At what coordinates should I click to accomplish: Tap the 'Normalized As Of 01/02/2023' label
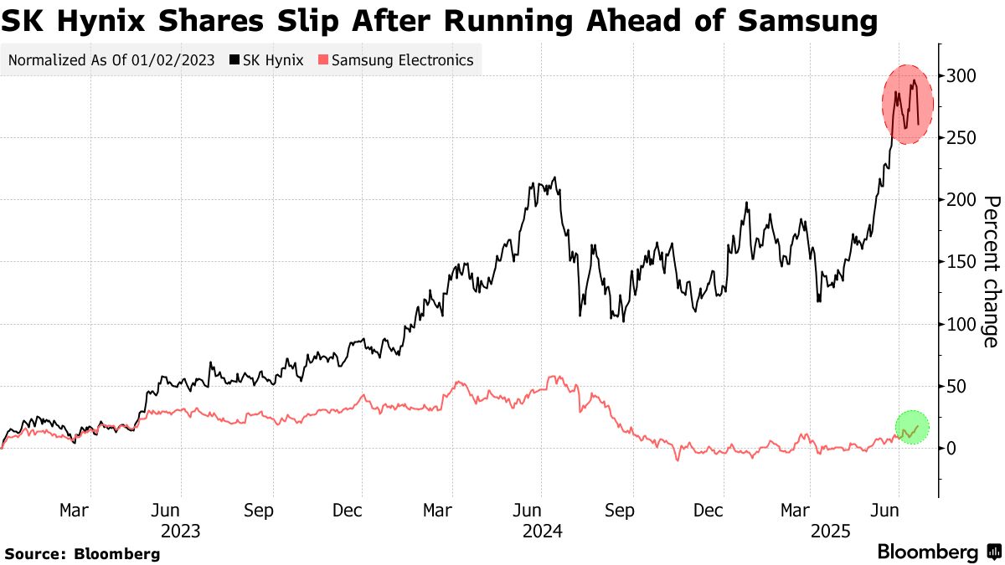[x=110, y=60]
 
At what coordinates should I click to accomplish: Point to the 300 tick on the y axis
[x=961, y=76]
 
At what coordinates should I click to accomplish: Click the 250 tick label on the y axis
[x=961, y=138]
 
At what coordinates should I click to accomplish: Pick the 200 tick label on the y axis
[x=961, y=200]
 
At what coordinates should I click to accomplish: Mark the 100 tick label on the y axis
[x=961, y=324]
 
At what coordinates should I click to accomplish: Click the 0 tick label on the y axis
[x=952, y=449]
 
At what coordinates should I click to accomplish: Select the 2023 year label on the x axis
[x=180, y=531]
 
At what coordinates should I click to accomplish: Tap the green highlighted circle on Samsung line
[x=912, y=428]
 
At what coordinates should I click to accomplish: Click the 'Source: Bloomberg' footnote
[x=82, y=553]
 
